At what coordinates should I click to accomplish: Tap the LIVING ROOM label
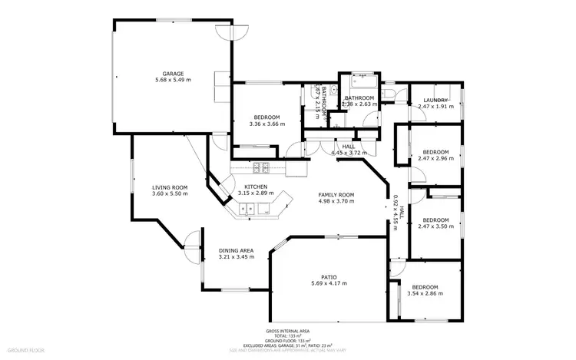170,187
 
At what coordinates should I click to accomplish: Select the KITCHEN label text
256,187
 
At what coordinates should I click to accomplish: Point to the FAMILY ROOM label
336,195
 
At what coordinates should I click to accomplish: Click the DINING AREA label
236,250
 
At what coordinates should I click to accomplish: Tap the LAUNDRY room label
435,101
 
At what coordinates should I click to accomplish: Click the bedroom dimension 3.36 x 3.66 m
266,124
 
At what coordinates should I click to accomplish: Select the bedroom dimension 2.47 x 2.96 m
435,158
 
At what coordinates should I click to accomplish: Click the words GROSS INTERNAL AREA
289,331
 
